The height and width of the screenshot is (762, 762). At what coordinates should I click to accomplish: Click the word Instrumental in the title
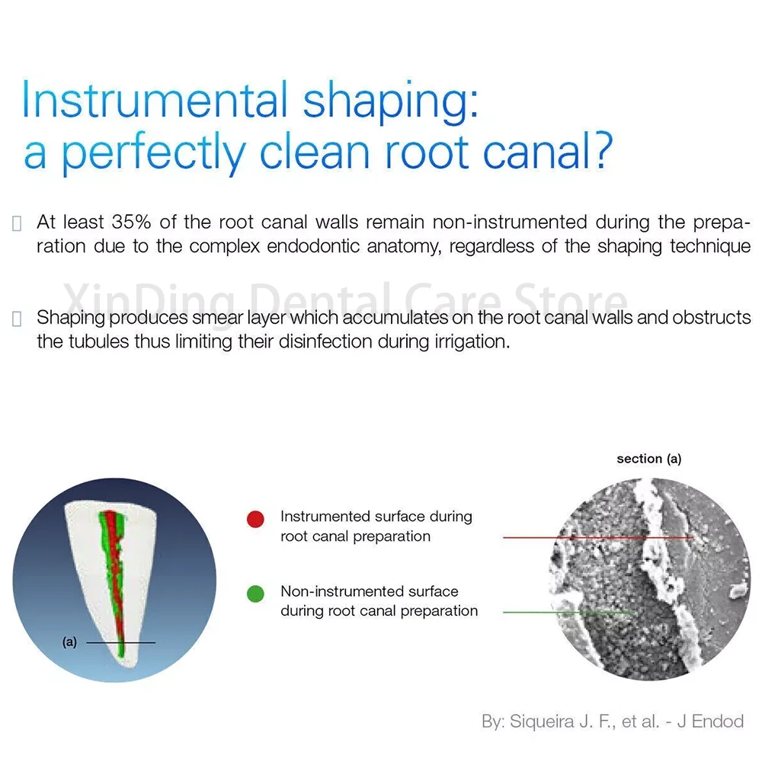click(155, 100)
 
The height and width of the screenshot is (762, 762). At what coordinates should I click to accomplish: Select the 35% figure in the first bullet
click(131, 222)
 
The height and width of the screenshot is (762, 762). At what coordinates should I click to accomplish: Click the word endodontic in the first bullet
click(313, 246)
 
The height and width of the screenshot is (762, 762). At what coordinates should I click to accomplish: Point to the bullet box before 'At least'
click(17, 223)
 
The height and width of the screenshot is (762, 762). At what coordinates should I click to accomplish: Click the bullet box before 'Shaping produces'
click(17, 319)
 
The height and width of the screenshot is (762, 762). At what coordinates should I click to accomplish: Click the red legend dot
click(255, 519)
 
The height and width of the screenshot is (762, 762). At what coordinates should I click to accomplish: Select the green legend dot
click(255, 594)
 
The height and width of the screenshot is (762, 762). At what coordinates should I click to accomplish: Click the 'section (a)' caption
click(648, 459)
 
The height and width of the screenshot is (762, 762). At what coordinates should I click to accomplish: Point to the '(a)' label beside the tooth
click(69, 642)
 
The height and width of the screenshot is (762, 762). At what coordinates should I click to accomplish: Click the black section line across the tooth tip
click(121, 642)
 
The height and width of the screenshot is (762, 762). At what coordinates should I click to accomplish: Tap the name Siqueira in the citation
click(542, 721)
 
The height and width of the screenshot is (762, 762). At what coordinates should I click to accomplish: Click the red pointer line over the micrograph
click(598, 537)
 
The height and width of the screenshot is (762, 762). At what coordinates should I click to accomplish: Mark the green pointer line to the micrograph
click(569, 613)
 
